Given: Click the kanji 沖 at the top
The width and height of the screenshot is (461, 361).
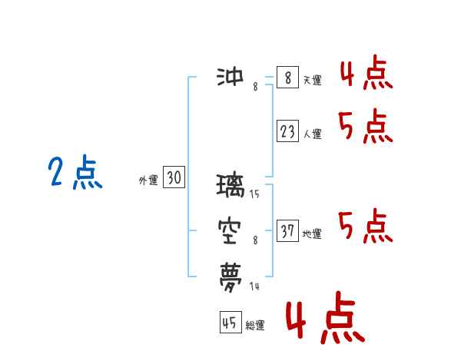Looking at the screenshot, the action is tap(230, 77).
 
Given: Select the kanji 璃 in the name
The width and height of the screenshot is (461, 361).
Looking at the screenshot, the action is tap(230, 185).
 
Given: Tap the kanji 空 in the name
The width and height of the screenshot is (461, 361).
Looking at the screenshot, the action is tap(230, 231).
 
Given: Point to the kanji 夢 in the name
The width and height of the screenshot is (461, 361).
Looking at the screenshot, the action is tap(230, 277).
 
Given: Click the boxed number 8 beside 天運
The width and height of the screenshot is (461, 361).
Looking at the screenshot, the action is tap(288, 77).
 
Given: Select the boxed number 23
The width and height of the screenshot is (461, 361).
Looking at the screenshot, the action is tap(288, 131).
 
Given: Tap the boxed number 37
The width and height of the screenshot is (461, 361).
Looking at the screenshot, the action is tap(288, 230).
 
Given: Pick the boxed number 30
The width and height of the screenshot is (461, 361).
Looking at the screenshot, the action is tap(174, 177).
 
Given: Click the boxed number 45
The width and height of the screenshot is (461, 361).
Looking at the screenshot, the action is tap(230, 322).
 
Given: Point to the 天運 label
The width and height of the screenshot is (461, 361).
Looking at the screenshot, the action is tap(313, 80).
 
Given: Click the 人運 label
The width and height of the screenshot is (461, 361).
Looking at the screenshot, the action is tap(313, 134).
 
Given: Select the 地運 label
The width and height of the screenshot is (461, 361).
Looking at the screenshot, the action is tap(312, 234).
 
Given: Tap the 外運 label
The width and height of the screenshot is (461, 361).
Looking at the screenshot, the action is tap(148, 180).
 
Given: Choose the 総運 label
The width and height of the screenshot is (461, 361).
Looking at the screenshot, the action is tap(255, 326).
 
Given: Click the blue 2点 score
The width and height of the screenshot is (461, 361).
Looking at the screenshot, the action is tap(75, 172).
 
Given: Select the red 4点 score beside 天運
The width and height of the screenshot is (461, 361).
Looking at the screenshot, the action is tap(366, 72).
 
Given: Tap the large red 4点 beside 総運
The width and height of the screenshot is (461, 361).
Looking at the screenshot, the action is tap(325, 317).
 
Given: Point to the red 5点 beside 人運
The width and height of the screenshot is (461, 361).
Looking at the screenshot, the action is tap(366, 126).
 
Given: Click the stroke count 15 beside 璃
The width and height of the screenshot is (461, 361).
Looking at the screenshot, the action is tap(254, 194).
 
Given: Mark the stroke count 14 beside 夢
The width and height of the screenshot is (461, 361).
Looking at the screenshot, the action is tap(254, 286).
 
